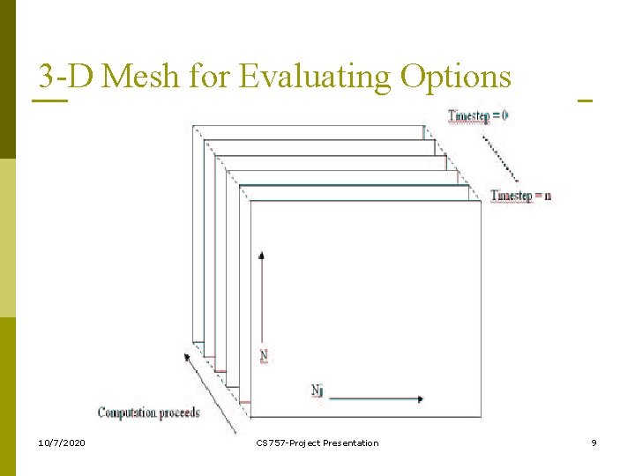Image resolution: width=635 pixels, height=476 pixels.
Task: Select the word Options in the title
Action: [455, 78]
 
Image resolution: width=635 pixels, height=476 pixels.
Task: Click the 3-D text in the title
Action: [64, 78]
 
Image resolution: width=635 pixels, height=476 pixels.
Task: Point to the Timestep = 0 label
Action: [478, 115]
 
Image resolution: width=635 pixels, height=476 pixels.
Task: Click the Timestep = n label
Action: [520, 195]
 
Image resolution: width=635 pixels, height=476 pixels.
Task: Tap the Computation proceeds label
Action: [149, 412]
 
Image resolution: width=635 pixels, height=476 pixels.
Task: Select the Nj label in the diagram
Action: [317, 389]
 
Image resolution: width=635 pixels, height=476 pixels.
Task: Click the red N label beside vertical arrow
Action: [264, 356]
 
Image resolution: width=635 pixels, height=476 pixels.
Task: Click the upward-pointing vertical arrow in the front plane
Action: [262, 300]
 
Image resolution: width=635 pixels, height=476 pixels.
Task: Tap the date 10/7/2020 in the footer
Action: [63, 443]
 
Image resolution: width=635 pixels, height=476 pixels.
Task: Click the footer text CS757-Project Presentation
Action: [317, 443]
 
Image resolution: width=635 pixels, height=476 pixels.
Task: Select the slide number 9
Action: [594, 443]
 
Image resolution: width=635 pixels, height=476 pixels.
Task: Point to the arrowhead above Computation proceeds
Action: [187, 356]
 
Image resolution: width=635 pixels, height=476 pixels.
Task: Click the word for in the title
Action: [208, 78]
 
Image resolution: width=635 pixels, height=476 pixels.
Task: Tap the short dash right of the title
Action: [584, 100]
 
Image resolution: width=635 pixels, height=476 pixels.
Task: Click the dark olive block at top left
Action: [8, 79]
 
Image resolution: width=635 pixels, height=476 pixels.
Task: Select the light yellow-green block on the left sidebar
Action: [8, 238]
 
